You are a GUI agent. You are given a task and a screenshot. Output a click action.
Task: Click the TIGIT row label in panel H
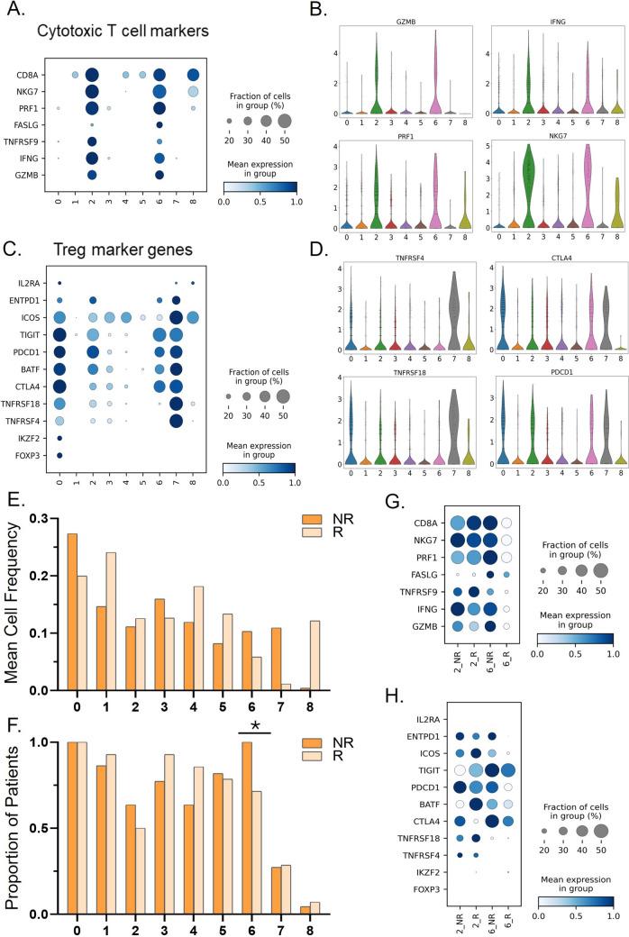(428, 796)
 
